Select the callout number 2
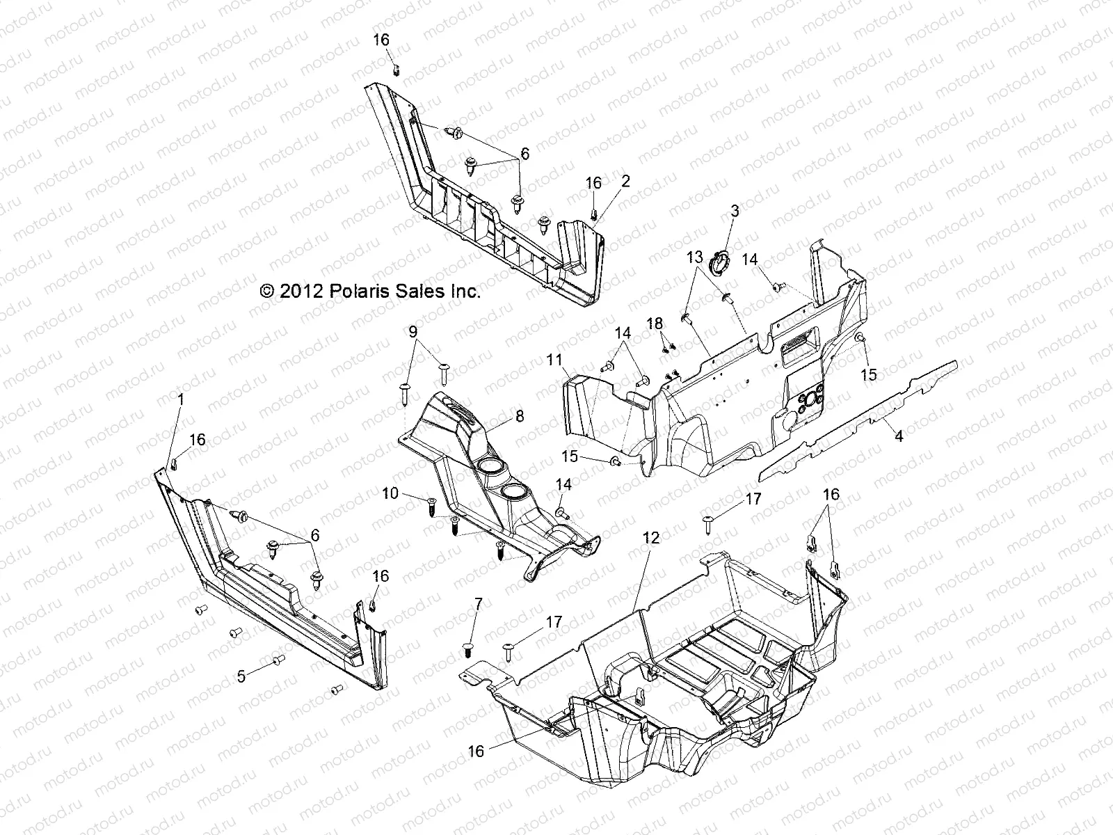point(625,182)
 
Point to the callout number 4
point(898,436)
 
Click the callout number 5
point(241,676)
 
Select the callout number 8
point(520,417)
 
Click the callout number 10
point(390,493)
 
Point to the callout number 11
point(554,360)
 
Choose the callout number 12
point(651,538)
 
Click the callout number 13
point(695,257)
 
